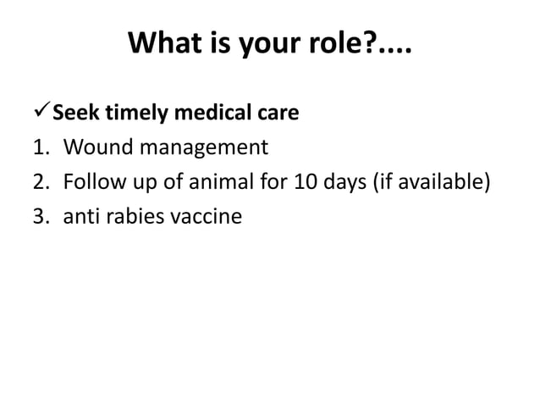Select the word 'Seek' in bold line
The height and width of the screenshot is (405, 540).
78,113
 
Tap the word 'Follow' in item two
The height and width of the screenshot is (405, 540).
92,182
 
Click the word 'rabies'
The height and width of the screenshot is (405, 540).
135,217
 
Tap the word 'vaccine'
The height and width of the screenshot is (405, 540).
207,217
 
